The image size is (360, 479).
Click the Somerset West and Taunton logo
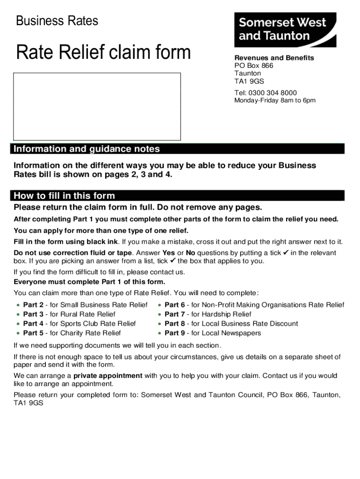click(285, 29)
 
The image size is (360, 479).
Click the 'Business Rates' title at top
click(57, 21)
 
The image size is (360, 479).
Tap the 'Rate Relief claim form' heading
click(103, 52)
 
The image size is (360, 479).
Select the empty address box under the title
click(97, 106)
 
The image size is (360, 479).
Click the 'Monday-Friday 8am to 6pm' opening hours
click(275, 101)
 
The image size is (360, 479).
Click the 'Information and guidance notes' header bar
click(87, 149)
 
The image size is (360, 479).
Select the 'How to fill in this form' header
click(65, 196)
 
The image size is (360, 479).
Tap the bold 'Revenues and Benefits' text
click(274, 58)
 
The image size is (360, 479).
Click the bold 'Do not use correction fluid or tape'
click(73, 253)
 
